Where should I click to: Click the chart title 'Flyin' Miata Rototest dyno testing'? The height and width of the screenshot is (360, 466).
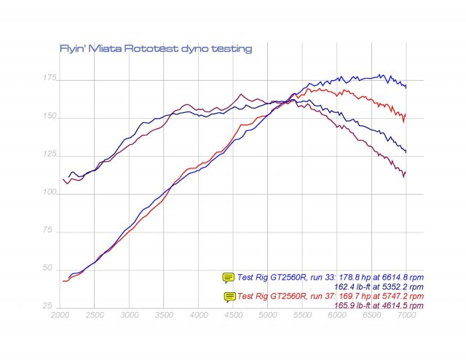pos(155,49)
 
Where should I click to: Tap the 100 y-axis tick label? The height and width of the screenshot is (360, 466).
pos(47,192)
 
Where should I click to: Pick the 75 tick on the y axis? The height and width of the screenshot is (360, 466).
pos(49,230)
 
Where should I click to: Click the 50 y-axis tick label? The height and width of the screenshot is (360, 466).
pos(49,268)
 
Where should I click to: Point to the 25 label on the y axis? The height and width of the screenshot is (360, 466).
pos(49,305)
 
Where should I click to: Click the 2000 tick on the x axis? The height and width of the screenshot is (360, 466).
pos(61,318)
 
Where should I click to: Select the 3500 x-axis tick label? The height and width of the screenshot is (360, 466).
pos(165,318)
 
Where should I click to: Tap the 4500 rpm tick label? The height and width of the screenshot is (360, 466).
pos(234,318)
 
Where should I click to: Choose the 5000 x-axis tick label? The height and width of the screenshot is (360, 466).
pos(268,318)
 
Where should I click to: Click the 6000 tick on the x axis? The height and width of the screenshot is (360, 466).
pos(337,318)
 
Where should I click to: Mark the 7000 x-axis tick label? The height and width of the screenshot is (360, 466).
pos(406,318)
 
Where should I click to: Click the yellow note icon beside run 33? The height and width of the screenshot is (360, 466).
pos(229,277)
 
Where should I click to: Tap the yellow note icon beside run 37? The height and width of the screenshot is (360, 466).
pos(230,296)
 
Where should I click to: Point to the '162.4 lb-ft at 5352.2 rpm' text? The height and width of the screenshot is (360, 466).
pos(377,286)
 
